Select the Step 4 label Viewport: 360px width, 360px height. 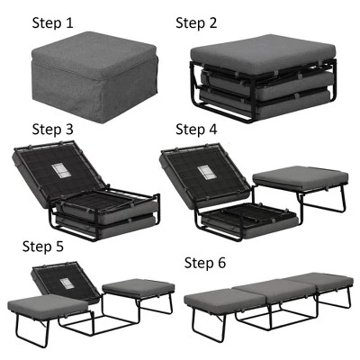[x=197, y=129]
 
